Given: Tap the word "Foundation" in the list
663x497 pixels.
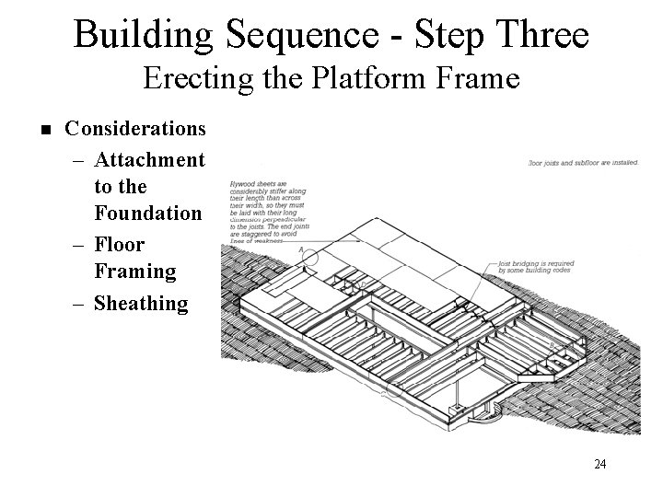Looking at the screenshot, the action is click(x=147, y=214).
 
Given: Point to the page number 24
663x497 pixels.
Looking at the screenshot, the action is click(x=600, y=464).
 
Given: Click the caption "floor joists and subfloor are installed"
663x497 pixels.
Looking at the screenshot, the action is click(x=583, y=164).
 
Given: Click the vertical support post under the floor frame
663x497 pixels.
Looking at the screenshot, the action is click(x=456, y=404).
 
